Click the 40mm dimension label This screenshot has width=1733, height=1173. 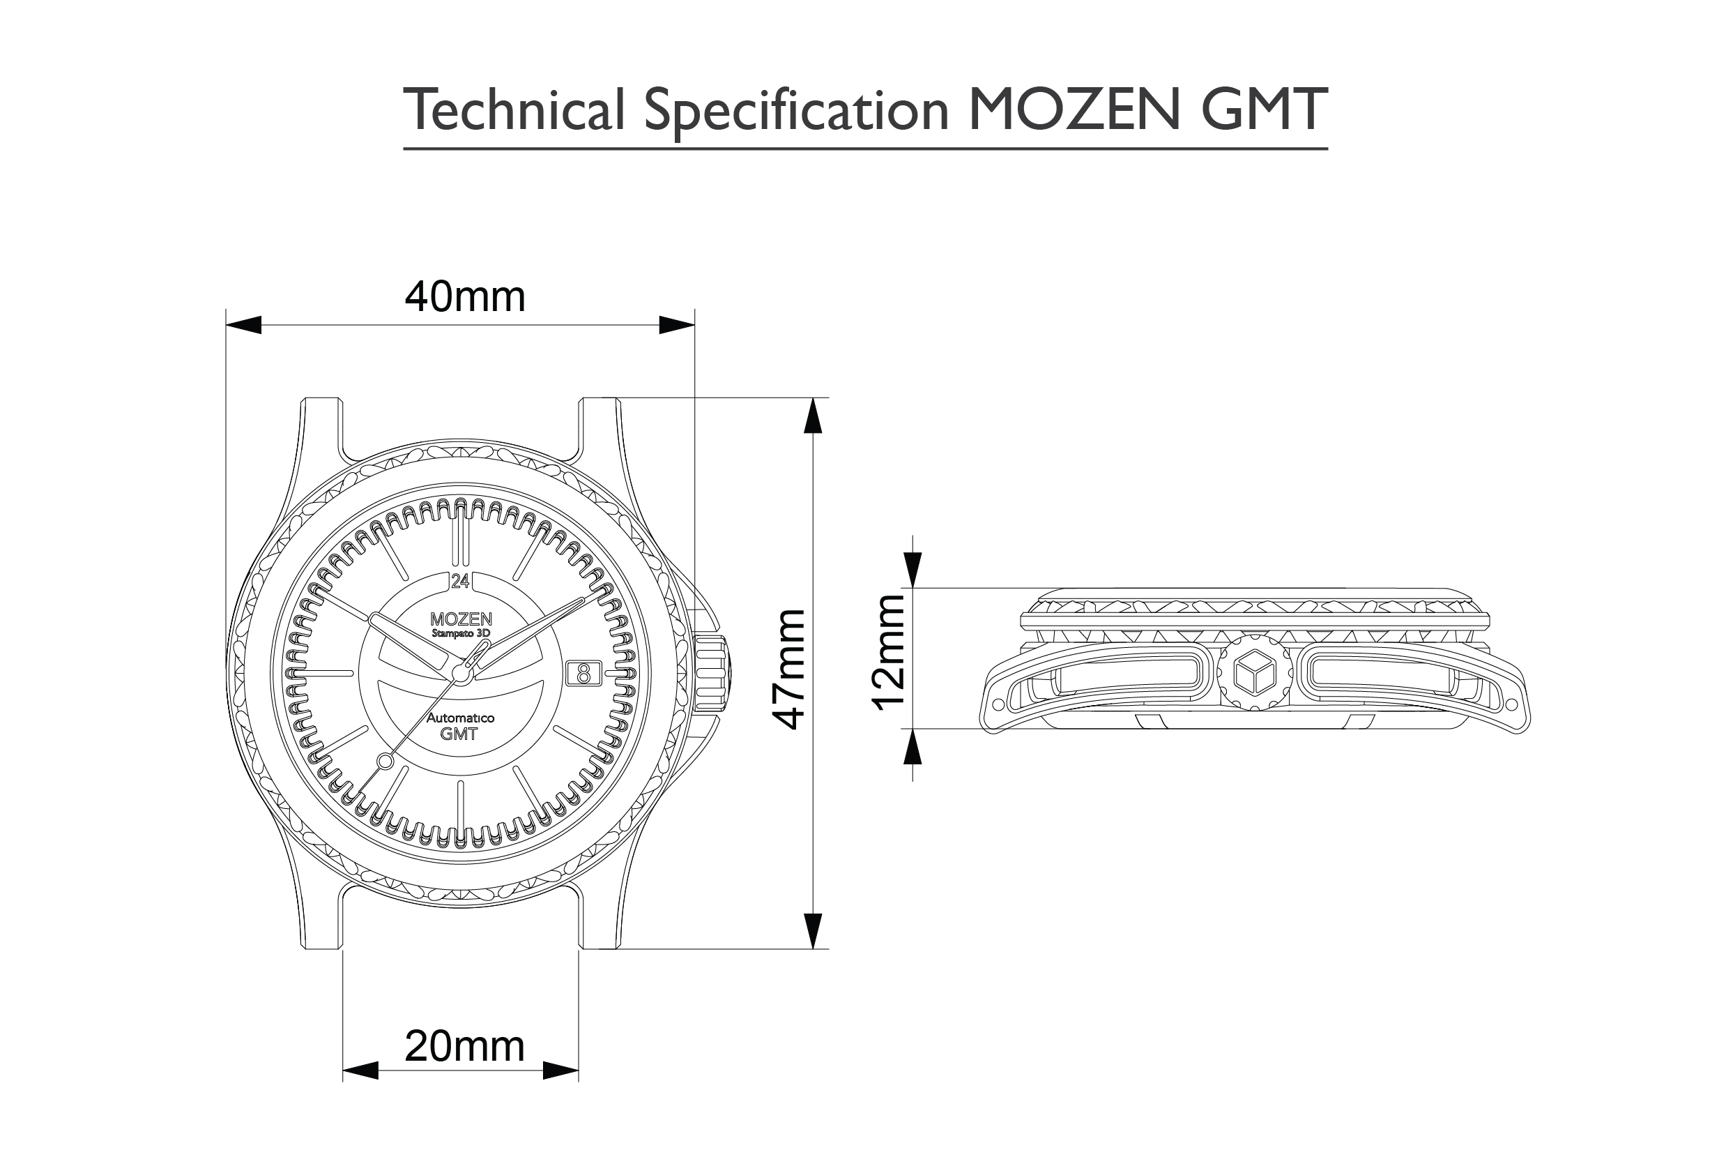pyautogui.click(x=464, y=297)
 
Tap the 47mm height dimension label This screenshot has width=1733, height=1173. pyautogui.click(x=789, y=669)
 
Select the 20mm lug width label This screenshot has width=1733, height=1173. pyautogui.click(x=464, y=1046)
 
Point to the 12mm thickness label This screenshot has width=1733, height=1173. pyautogui.click(x=890, y=651)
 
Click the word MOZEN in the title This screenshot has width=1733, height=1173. pyautogui.click(x=1074, y=109)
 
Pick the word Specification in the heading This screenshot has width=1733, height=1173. pyautogui.click(x=795, y=110)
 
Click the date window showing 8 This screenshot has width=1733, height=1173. pyautogui.click(x=583, y=674)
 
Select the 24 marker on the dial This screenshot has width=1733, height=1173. pyautogui.click(x=460, y=580)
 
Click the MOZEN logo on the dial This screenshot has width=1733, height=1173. pyautogui.click(x=461, y=619)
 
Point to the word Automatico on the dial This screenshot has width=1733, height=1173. pyautogui.click(x=460, y=718)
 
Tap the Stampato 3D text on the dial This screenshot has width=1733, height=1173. pyautogui.click(x=461, y=633)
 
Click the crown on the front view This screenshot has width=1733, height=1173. pyautogui.click(x=714, y=672)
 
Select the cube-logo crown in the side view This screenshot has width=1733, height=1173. pyautogui.click(x=1255, y=672)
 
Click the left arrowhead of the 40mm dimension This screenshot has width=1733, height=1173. pyautogui.click(x=243, y=324)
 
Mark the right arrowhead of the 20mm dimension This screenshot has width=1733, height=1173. pyautogui.click(x=560, y=1070)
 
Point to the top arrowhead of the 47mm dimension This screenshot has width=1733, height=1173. pyautogui.click(x=812, y=415)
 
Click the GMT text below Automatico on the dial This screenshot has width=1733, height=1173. pyautogui.click(x=459, y=734)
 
